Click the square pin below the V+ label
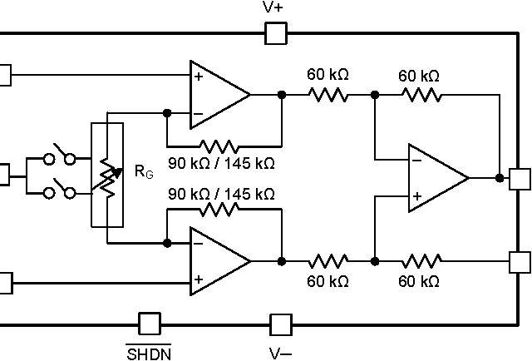tap(275, 33)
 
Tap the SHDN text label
tap(150, 354)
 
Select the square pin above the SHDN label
tap(150, 324)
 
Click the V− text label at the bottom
tap(280, 354)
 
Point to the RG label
tap(144, 172)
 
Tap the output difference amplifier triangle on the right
tap(435, 178)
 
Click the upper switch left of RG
tap(59, 158)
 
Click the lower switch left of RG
tap(59, 193)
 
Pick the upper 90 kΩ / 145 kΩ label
tap(221, 161)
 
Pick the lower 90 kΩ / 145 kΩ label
tap(221, 194)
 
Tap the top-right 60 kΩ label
tap(419, 76)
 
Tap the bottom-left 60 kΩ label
tap(328, 281)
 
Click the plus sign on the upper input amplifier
tap(199, 76)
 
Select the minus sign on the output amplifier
tap(416, 160)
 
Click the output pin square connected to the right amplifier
tap(520, 178)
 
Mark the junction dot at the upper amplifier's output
tap(282, 95)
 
